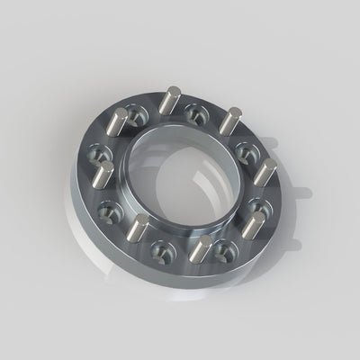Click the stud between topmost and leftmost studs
(x=118, y=120)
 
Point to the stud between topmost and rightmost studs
(x=231, y=119)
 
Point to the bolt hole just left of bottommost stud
(x=165, y=249)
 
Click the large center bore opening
(x=184, y=171)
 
